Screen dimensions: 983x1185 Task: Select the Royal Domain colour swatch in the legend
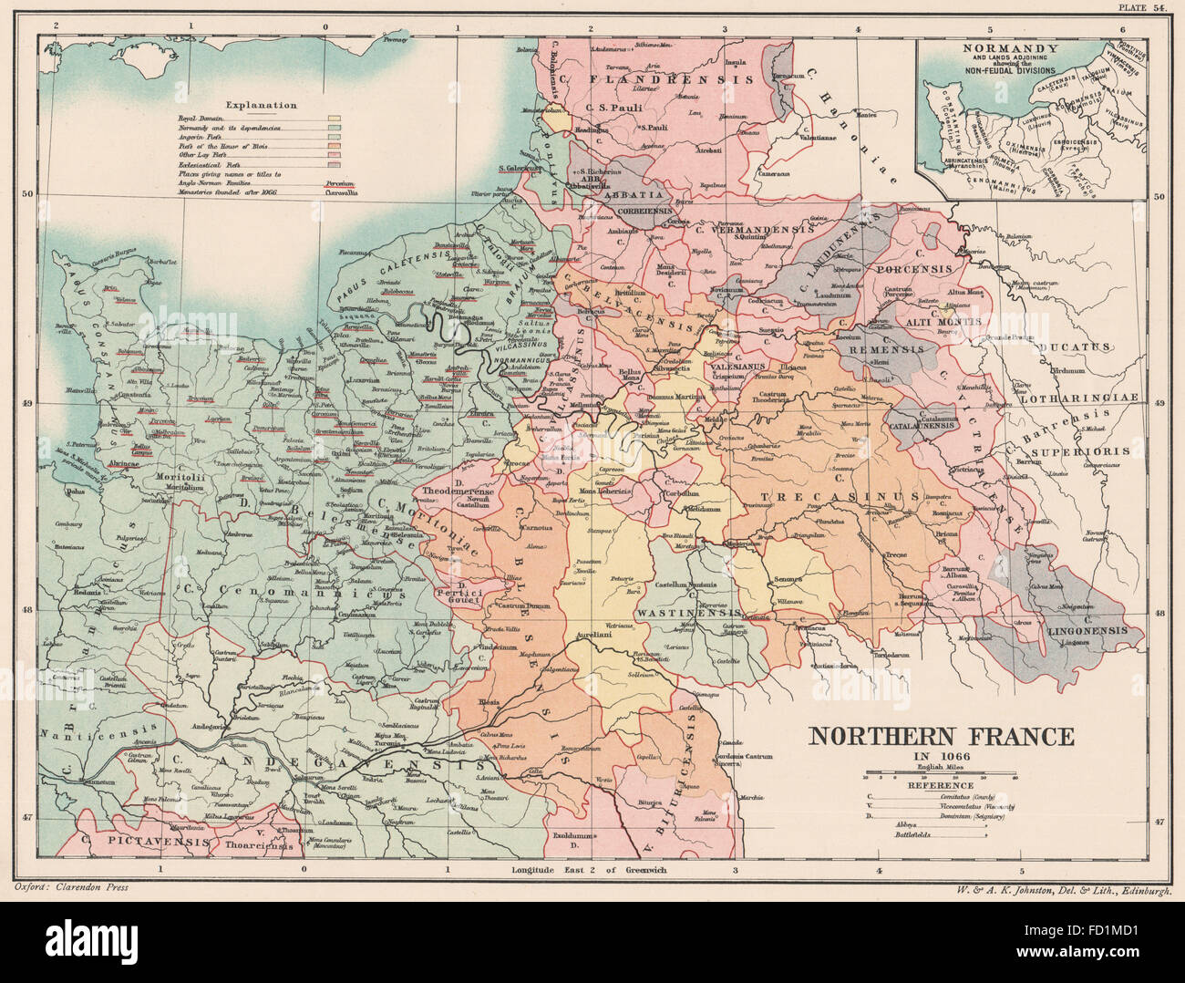pyautogui.click(x=335, y=119)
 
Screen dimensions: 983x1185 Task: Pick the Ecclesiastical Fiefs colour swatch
pyautogui.click(x=335, y=165)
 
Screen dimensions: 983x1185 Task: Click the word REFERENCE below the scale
pyautogui.click(x=942, y=786)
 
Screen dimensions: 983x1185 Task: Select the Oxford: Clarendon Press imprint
pyautogui.click(x=74, y=885)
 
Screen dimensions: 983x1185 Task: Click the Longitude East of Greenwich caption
pyautogui.click(x=590, y=869)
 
